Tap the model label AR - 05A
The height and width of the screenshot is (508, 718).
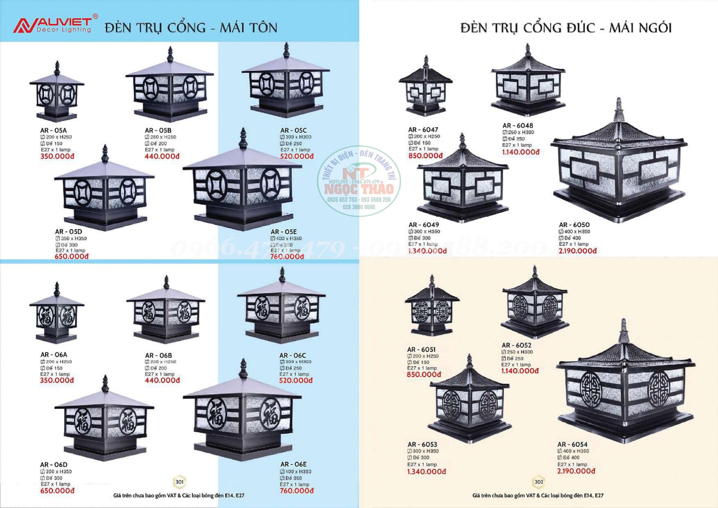click(x=53, y=131)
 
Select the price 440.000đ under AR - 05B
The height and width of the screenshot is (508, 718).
click(x=162, y=156)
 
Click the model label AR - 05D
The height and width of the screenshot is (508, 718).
click(x=68, y=232)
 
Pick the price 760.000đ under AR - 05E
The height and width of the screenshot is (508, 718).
click(x=287, y=257)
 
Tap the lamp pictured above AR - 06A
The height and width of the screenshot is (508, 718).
click(x=56, y=313)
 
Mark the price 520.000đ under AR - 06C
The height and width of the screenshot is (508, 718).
click(x=296, y=381)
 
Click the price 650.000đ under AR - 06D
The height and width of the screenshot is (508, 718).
click(x=57, y=491)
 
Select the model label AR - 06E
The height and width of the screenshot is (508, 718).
click(x=294, y=465)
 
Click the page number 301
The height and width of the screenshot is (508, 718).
click(x=180, y=482)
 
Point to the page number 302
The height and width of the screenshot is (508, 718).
click(x=539, y=482)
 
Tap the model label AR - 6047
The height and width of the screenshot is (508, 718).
click(x=423, y=130)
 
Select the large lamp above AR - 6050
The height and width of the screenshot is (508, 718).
click(x=619, y=164)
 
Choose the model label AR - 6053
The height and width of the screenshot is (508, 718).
click(x=422, y=444)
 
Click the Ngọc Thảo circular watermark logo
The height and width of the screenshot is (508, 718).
click(x=359, y=181)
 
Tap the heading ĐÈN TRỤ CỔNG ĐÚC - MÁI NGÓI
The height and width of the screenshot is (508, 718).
click(x=566, y=28)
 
